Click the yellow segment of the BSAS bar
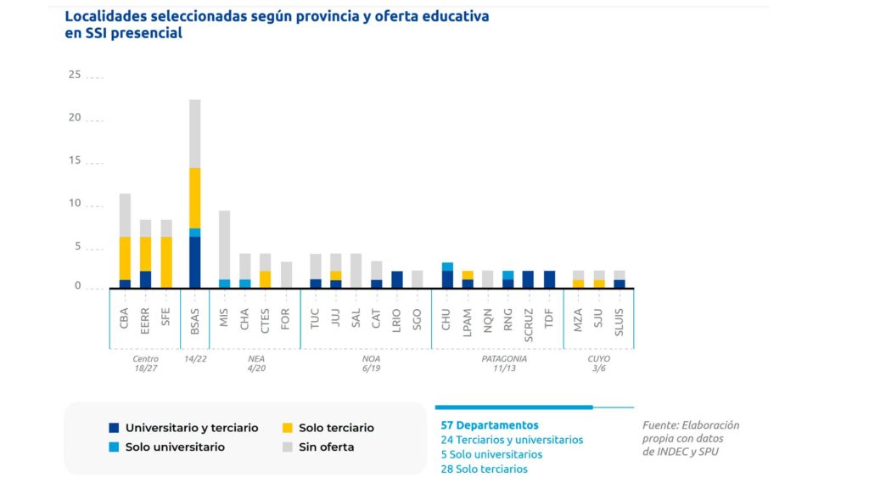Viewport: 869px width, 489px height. click(x=195, y=198)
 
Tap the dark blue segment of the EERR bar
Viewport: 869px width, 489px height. click(x=146, y=279)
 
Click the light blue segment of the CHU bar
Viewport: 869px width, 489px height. click(x=446, y=267)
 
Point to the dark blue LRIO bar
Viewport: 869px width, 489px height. click(x=397, y=279)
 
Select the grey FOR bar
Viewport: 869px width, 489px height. click(x=286, y=274)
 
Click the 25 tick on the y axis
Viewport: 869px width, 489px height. click(x=75, y=76)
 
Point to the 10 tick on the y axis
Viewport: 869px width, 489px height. click(x=75, y=204)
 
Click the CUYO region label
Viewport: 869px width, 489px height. click(x=598, y=358)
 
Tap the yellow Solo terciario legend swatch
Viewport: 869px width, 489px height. click(x=289, y=428)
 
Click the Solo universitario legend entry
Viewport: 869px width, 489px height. click(x=175, y=447)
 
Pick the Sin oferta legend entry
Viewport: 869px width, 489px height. click(x=326, y=447)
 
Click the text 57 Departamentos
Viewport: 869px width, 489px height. click(x=489, y=425)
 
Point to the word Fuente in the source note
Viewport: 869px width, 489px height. click(x=659, y=425)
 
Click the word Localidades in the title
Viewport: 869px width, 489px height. click(x=105, y=16)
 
